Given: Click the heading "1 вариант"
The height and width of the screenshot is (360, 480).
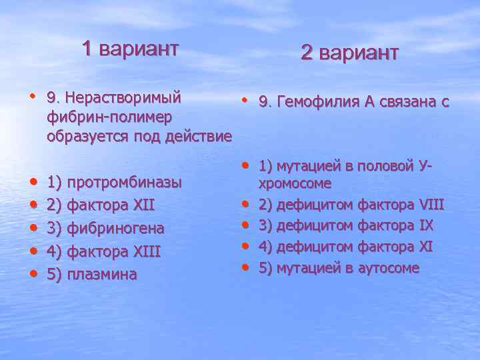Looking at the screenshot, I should click(130, 49).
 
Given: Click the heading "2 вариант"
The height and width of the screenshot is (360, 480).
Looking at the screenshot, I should click(349, 53).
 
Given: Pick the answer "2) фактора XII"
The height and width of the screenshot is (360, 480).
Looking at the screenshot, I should click(101, 205).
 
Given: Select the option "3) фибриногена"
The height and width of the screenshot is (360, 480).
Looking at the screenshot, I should click(105, 228).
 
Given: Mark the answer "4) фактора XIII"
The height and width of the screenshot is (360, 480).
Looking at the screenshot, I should click(105, 251).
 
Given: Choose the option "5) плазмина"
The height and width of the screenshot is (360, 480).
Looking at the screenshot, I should click(92, 274).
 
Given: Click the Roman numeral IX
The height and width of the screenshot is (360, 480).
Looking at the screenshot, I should click(422, 225).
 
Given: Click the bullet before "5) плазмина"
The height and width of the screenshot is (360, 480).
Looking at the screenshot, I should click(32, 273).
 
